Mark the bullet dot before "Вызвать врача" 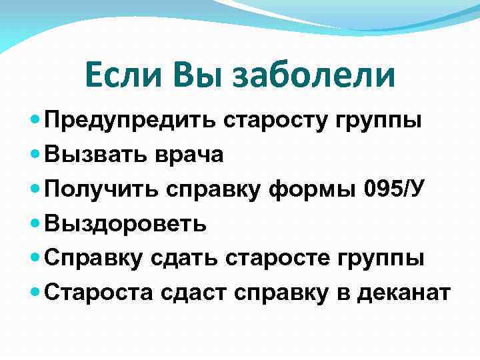tap(35, 155)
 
